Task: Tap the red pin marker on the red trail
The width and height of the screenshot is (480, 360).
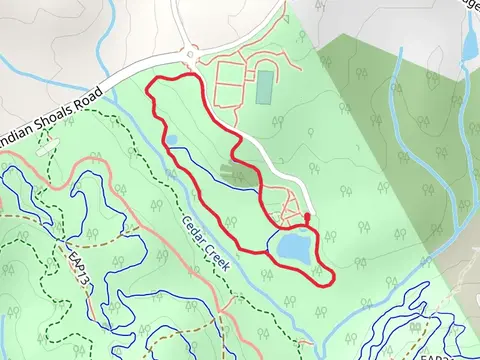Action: (x=307, y=217)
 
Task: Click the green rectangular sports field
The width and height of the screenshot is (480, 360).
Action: (x=264, y=86)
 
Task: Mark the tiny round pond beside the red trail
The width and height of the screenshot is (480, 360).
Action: (x=173, y=139)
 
